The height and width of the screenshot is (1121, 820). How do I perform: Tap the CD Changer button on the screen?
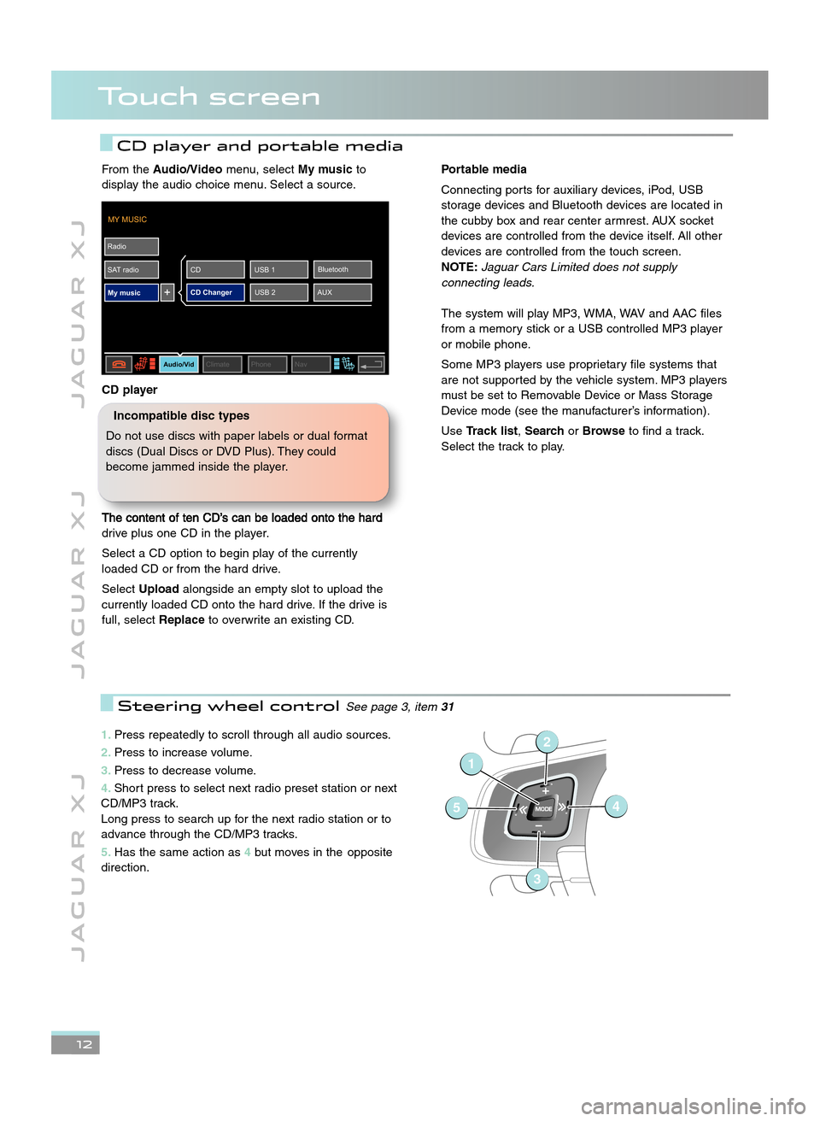(215, 292)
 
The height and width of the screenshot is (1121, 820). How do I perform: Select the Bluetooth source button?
(342, 269)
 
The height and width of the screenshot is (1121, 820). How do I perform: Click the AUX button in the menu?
(342, 292)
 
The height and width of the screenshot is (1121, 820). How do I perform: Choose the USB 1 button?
(278, 269)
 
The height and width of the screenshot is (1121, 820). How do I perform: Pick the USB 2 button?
(278, 292)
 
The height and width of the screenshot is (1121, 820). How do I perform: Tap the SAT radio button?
(132, 269)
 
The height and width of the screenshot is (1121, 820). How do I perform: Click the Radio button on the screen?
(132, 246)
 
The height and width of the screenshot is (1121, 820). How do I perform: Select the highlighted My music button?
(132, 292)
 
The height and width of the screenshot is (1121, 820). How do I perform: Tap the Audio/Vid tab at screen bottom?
(179, 364)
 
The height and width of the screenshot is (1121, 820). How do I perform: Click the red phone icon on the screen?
(118, 364)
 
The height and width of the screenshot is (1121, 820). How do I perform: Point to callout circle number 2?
(547, 742)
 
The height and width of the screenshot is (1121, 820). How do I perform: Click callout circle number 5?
(457, 807)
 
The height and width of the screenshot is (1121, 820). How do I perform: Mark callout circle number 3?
(536, 878)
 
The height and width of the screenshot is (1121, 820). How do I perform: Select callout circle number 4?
(615, 806)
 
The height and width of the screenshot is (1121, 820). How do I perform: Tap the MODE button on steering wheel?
(543, 808)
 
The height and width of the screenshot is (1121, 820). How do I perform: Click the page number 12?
(84, 1044)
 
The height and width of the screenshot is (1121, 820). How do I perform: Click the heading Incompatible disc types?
(181, 415)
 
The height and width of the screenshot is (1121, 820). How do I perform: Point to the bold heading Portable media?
(483, 169)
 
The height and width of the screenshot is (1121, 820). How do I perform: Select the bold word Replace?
(181, 619)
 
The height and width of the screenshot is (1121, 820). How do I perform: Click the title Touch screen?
(209, 97)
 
